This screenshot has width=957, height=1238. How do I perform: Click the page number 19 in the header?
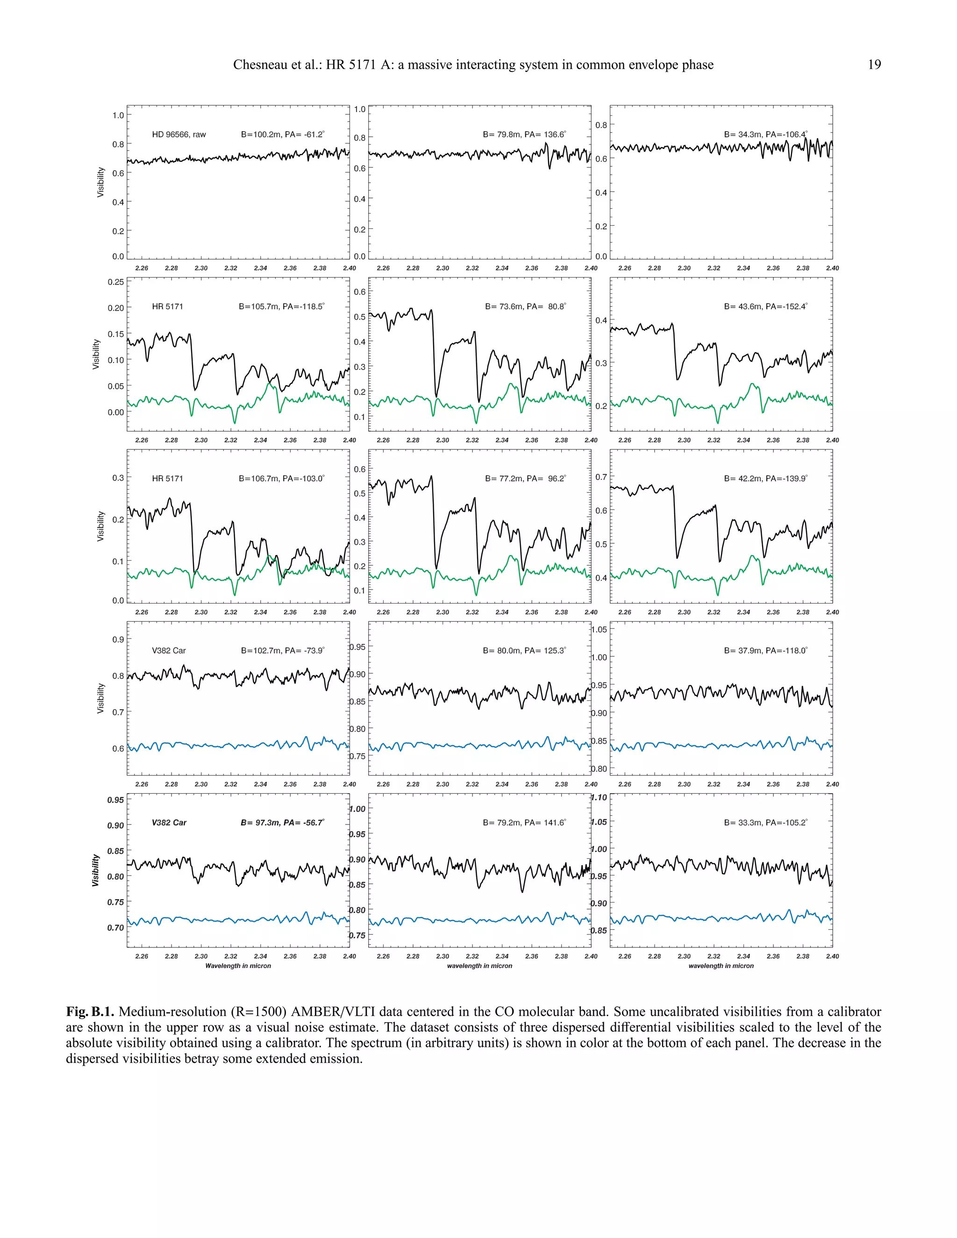(874, 64)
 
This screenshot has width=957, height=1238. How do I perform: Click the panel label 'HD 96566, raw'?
(179, 135)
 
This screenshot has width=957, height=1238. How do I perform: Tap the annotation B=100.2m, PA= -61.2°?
(282, 135)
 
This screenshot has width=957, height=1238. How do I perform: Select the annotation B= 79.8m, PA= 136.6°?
(524, 135)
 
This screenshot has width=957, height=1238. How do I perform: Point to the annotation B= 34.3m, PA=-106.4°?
(765, 135)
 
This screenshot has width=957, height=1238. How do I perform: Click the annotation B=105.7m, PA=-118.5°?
(281, 306)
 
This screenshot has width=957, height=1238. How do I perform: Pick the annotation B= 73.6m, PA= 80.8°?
(525, 306)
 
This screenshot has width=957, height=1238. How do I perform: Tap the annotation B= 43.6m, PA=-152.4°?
(765, 306)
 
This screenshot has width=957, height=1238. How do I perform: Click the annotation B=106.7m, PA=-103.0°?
(281, 478)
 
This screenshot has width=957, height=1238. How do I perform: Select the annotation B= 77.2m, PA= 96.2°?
(525, 478)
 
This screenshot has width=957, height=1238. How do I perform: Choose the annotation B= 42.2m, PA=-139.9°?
(765, 478)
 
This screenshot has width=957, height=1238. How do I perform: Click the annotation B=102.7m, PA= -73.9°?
(282, 651)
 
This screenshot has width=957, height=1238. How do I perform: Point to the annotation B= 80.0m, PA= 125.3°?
(524, 651)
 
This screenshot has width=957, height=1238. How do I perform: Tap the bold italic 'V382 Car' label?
(169, 823)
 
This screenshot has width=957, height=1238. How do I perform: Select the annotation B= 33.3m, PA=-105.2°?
(765, 823)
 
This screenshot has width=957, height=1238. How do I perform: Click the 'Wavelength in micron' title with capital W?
(238, 966)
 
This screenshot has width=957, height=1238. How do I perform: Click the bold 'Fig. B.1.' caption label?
(91, 1012)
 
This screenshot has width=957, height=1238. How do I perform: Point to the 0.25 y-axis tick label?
(116, 282)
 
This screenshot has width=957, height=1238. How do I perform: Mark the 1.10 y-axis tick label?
(599, 797)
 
